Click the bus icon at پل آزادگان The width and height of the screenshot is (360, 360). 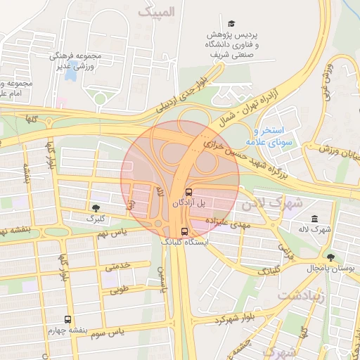coord(188,191)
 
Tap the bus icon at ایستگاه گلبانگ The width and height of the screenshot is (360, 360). coord(184,231)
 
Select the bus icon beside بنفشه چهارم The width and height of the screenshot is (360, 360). coord(68,319)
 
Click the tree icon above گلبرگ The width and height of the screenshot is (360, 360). coord(95,207)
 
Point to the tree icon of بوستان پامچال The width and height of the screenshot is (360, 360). coord(330,257)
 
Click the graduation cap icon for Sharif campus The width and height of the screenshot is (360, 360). coord(232,23)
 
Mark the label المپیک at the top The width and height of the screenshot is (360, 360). coord(155,12)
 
